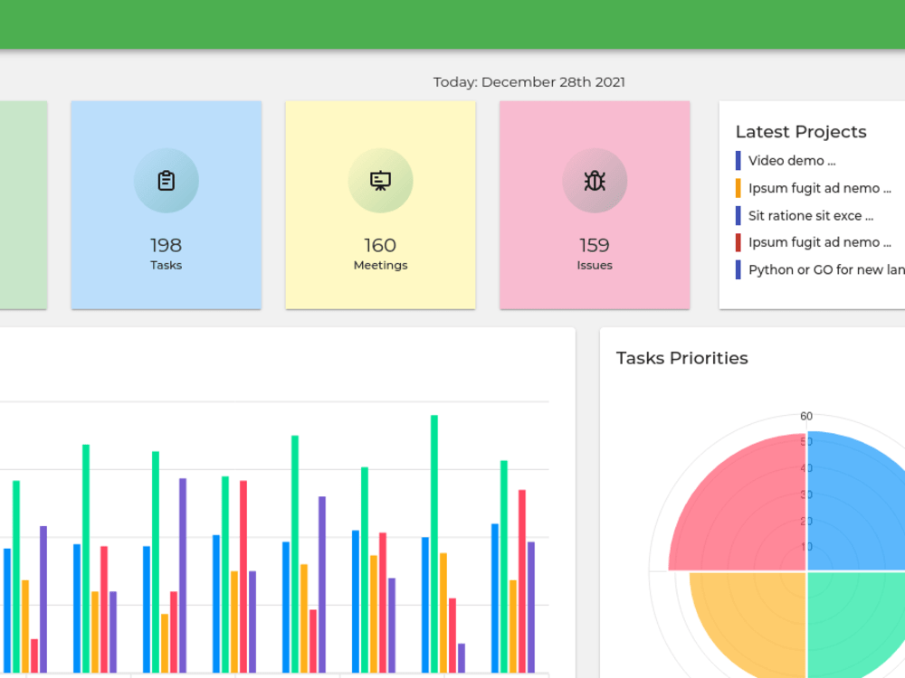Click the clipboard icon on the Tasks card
click(167, 181)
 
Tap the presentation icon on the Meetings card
click(380, 181)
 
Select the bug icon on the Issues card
click(595, 181)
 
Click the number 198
click(167, 245)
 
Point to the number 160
click(380, 245)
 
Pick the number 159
click(595, 245)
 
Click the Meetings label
click(380, 265)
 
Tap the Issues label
click(595, 265)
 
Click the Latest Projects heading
click(801, 131)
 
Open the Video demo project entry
click(792, 160)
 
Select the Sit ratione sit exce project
click(811, 216)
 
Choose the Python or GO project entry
click(826, 269)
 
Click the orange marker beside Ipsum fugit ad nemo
click(738, 188)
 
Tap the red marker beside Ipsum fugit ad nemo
click(738, 242)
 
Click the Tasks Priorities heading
click(682, 358)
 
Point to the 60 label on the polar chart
click(806, 416)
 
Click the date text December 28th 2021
click(554, 82)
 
